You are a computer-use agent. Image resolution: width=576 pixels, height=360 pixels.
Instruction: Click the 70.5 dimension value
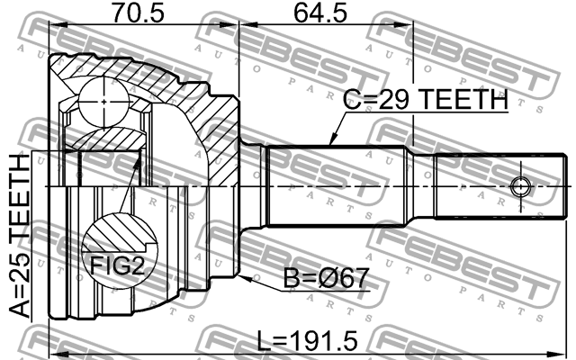pyautogui.click(x=137, y=14)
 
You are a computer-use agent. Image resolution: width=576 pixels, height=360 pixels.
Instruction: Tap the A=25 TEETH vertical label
pyautogui.click(x=20, y=238)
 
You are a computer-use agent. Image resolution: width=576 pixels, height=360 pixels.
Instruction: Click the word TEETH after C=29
pyautogui.click(x=459, y=103)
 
